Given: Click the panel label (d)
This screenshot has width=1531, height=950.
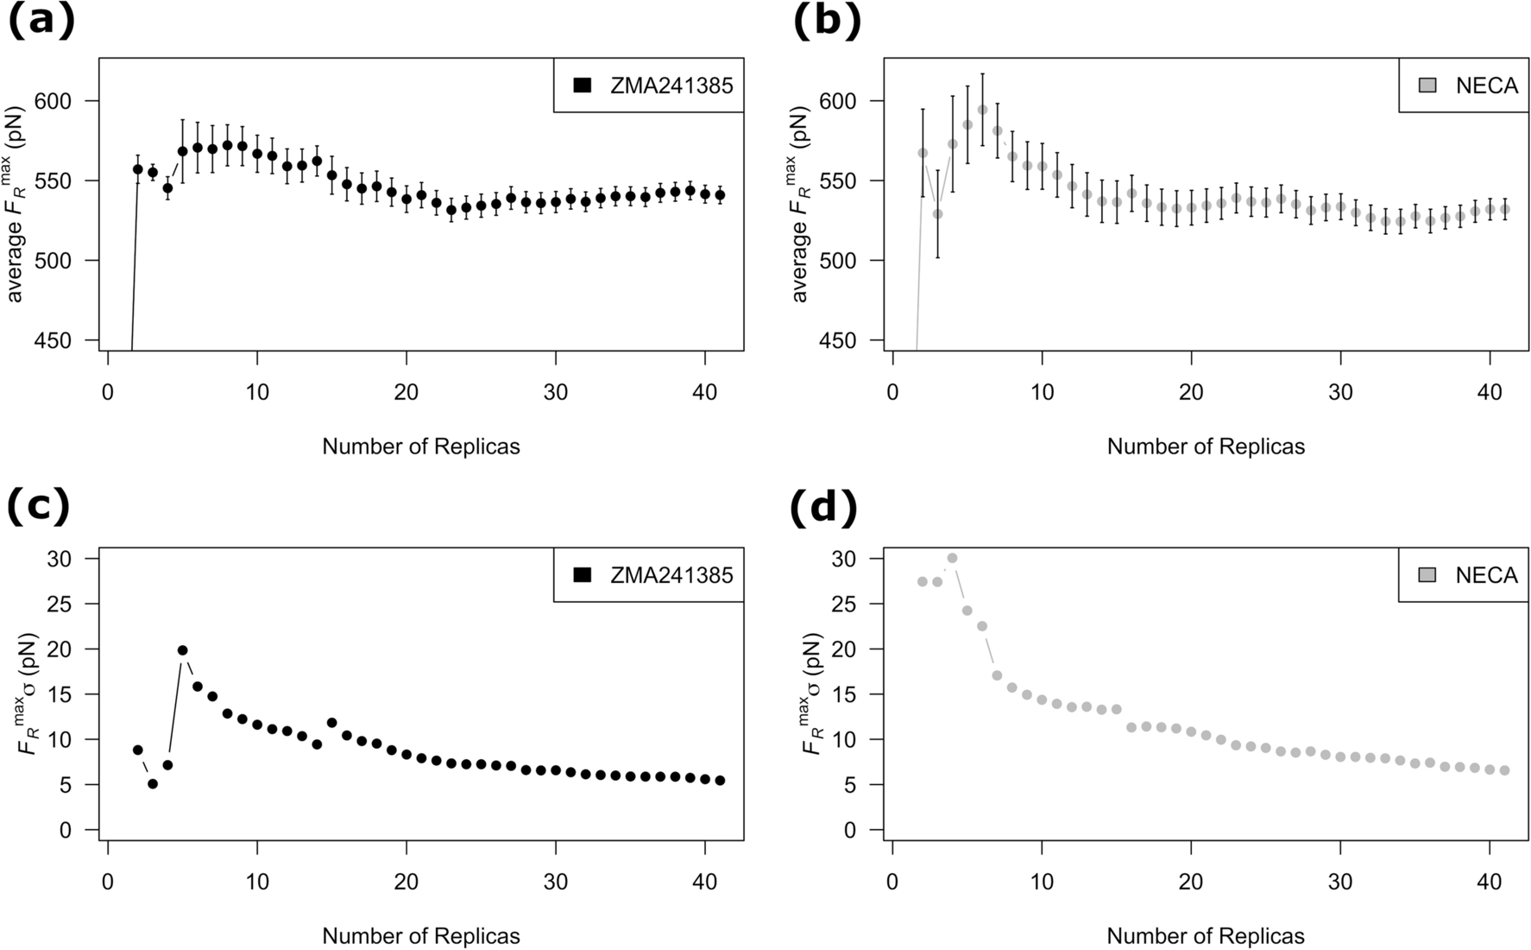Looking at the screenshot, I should click(824, 508).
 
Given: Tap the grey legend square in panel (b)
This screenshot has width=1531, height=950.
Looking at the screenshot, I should click(1427, 85).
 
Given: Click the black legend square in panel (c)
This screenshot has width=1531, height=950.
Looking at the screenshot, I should click(581, 575).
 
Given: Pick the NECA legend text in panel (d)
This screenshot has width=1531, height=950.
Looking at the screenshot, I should click(1486, 575).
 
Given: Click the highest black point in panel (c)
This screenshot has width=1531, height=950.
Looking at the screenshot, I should click(182, 650).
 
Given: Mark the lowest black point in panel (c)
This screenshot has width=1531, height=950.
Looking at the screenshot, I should click(153, 784).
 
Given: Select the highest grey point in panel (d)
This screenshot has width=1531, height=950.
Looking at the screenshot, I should click(952, 558).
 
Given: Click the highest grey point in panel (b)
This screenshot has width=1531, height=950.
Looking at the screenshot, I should click(982, 110).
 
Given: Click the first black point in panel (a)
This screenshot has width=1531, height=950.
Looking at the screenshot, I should click(138, 169).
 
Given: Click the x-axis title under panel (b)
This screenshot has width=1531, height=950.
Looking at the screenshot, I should click(1206, 446).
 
